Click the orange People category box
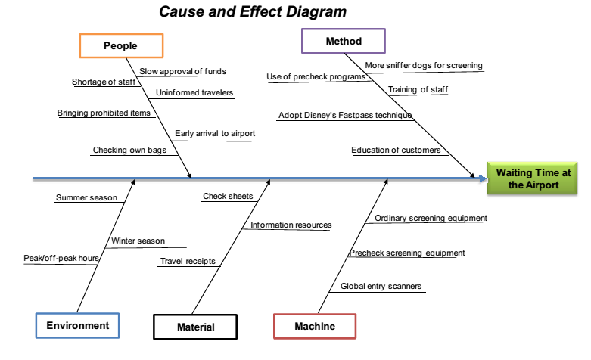tap(121, 46)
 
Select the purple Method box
tap(344, 41)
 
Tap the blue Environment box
tap(77, 326)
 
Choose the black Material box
tap(195, 327)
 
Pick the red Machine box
tap(314, 326)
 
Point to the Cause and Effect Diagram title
tap(253, 12)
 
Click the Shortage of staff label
tap(104, 82)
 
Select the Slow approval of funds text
tap(182, 72)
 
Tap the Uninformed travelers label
tap(194, 93)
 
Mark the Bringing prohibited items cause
tap(105, 113)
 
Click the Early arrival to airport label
tap(215, 134)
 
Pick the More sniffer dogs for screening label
tap(424, 66)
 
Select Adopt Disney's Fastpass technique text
tap(344, 116)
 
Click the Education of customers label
tap(396, 151)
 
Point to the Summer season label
tap(86, 198)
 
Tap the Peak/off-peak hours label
tap(61, 259)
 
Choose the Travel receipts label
tap(188, 262)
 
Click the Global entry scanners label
tap(381, 287)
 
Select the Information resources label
tap(291, 225)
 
